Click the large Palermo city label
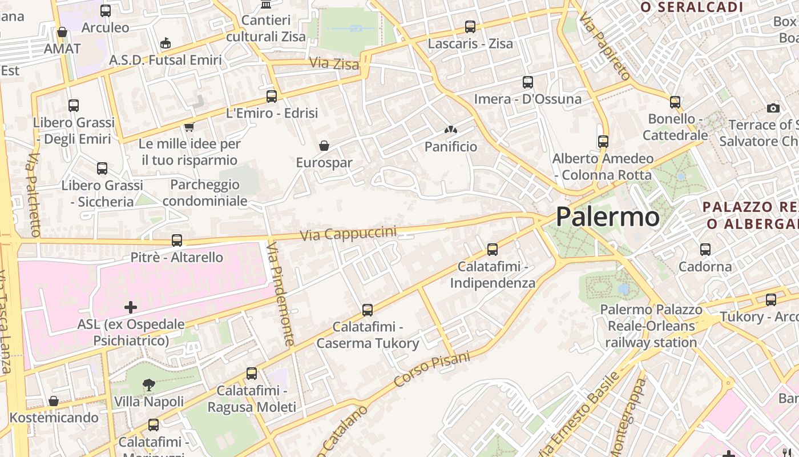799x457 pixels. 607,217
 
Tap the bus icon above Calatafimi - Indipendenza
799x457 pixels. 493,250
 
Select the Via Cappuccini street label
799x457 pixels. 348,234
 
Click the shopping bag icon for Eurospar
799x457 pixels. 324,146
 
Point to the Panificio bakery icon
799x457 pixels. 451,130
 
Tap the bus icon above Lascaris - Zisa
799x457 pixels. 470,26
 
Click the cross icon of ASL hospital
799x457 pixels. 131,307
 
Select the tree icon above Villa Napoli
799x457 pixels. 149,384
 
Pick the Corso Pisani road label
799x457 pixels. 432,370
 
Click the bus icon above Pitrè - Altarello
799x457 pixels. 177,240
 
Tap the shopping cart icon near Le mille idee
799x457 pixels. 189,127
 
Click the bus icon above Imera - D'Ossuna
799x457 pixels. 528,82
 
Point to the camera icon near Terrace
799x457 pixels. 773,108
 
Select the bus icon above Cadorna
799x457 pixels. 705,250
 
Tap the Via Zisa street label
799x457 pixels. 334,63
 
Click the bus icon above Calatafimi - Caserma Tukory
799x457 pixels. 368,310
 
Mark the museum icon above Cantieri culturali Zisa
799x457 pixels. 266,5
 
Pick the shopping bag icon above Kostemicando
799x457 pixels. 54,401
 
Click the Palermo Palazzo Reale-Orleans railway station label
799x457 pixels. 651,326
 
